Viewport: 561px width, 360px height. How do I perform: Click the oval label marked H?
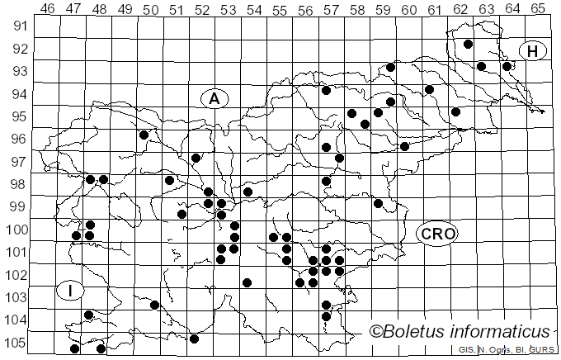[x=533, y=51]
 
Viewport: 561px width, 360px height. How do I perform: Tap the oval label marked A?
[x=214, y=98]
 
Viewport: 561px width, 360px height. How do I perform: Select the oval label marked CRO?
[x=436, y=234]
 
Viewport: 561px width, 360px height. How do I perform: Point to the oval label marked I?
[x=71, y=290]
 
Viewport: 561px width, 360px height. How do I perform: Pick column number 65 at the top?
[x=538, y=9]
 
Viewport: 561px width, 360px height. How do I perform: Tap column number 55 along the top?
[x=280, y=9]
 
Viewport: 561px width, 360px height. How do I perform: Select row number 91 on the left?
[x=19, y=25]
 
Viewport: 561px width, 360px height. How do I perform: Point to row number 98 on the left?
[x=19, y=183]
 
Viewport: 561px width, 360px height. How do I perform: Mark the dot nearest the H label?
[x=507, y=66]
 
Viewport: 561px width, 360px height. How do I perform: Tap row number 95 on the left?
[x=19, y=115]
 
